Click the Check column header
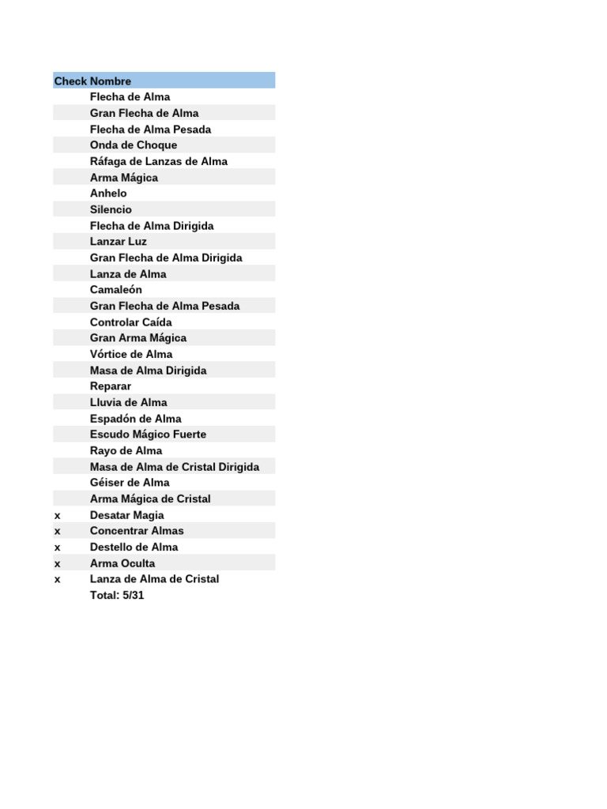(70, 81)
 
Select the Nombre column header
(111, 81)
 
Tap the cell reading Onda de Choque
(134, 145)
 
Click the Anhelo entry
(108, 194)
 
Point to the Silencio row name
(111, 210)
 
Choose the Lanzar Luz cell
(119, 242)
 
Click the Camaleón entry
(116, 290)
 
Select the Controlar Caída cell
(130, 322)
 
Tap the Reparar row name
(111, 386)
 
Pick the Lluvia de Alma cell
(129, 403)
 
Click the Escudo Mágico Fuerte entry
(148, 435)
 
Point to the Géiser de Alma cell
(130, 483)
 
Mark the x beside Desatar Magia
(57, 515)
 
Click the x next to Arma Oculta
(57, 563)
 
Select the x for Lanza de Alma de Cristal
(57, 579)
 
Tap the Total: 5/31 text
(117, 596)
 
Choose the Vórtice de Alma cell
(131, 355)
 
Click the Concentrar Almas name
(137, 531)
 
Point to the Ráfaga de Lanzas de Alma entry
(159, 162)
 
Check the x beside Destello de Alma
(57, 547)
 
